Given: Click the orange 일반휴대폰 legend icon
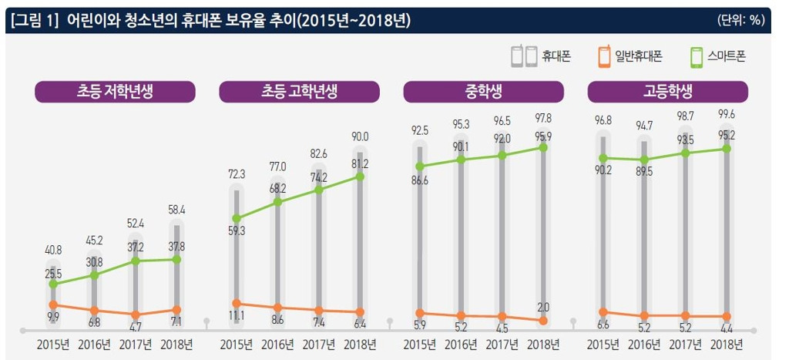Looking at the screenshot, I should pos(604,57).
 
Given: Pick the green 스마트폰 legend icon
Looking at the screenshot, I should pos(696,57).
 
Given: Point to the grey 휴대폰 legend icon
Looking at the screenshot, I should pos(523,57).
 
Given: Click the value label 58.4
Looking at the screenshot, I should pos(176,210).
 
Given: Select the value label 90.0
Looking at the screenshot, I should pos(361,136).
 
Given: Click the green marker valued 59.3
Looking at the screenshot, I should pos(237,218).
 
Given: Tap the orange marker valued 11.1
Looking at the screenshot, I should pos(237,303).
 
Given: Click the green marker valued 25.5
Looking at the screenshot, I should pos(53,284).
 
